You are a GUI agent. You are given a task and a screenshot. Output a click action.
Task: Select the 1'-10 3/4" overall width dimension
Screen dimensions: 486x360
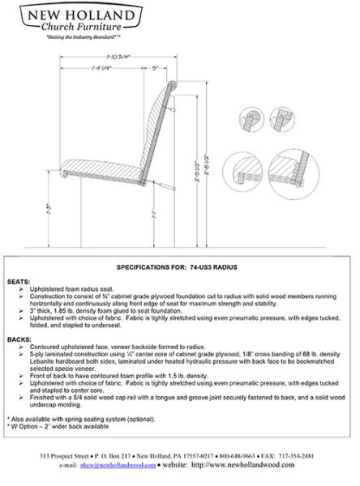tap(117, 56)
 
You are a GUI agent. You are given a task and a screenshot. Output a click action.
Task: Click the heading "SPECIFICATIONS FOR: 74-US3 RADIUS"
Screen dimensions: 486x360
tap(177, 266)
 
